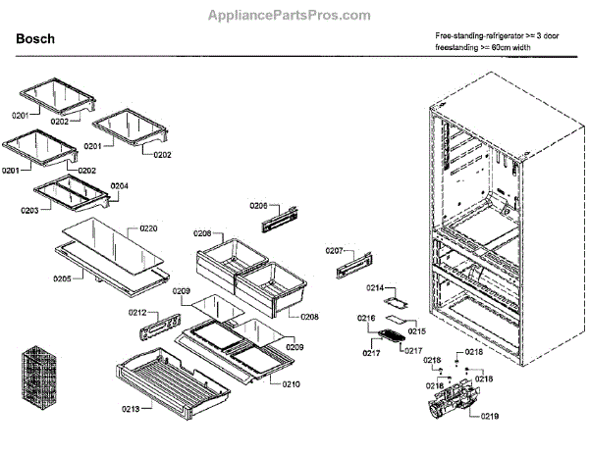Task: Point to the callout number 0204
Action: [119, 185]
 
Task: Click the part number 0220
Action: [148, 227]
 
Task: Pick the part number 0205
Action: [61, 278]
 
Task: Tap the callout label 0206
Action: [258, 205]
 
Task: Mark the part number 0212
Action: [137, 313]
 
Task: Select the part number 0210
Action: [291, 383]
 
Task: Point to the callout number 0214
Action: [375, 287]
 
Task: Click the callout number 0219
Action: [489, 416]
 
